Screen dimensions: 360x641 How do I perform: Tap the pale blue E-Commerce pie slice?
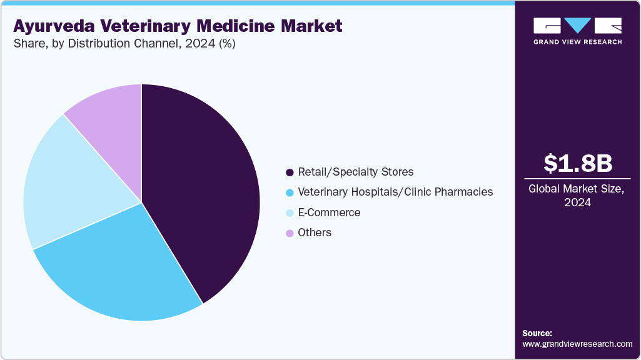coord(69,181)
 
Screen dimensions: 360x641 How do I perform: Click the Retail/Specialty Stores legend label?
coord(355,172)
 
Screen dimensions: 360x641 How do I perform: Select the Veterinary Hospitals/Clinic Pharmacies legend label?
coord(395,192)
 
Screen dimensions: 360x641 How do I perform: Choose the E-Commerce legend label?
coord(329,212)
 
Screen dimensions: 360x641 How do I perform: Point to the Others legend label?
coord(315,232)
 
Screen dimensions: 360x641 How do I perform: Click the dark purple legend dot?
coord(290,172)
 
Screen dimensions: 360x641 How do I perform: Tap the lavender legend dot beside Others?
coord(290,233)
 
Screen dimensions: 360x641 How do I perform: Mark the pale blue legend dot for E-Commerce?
coord(290,213)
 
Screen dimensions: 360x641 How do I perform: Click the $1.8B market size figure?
coord(577,163)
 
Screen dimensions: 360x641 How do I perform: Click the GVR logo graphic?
coord(577,26)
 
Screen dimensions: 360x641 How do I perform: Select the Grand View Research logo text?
coord(577,42)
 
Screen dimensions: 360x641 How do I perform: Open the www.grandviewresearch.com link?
coord(577,344)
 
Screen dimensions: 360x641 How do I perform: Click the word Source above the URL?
coord(537,333)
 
